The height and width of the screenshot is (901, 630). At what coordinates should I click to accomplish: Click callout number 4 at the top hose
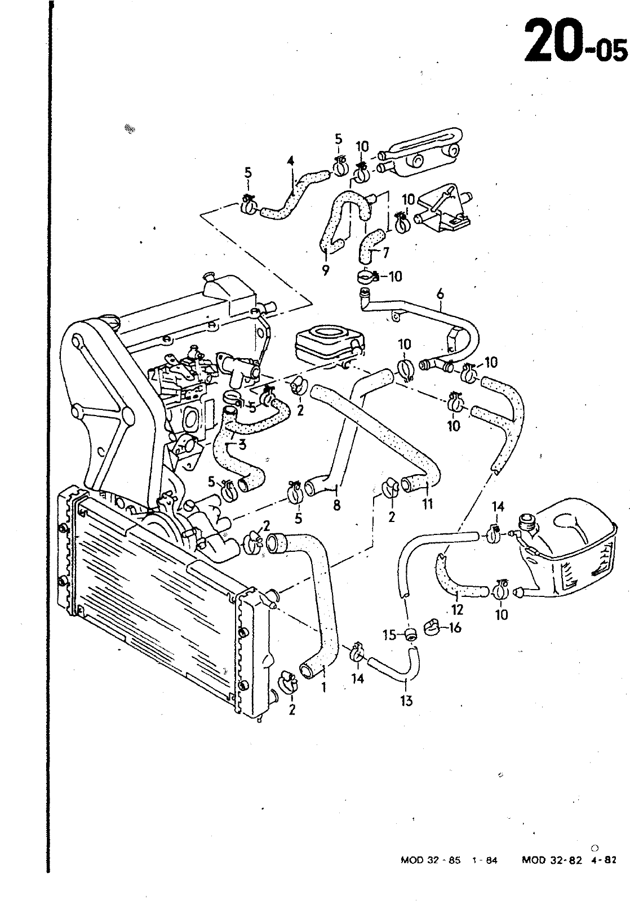291,161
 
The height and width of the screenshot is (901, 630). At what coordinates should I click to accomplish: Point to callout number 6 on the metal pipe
440,294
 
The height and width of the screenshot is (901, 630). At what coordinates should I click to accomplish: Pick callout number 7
385,253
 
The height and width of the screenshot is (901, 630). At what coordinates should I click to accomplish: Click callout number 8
336,505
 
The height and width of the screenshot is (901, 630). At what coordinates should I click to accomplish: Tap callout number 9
325,270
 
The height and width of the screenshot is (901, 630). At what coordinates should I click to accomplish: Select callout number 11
427,503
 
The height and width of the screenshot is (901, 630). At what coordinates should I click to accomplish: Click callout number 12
458,610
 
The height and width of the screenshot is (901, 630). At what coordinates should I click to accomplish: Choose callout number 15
390,635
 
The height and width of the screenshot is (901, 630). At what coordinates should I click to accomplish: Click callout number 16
455,628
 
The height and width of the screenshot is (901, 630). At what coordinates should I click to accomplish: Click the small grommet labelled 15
411,634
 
